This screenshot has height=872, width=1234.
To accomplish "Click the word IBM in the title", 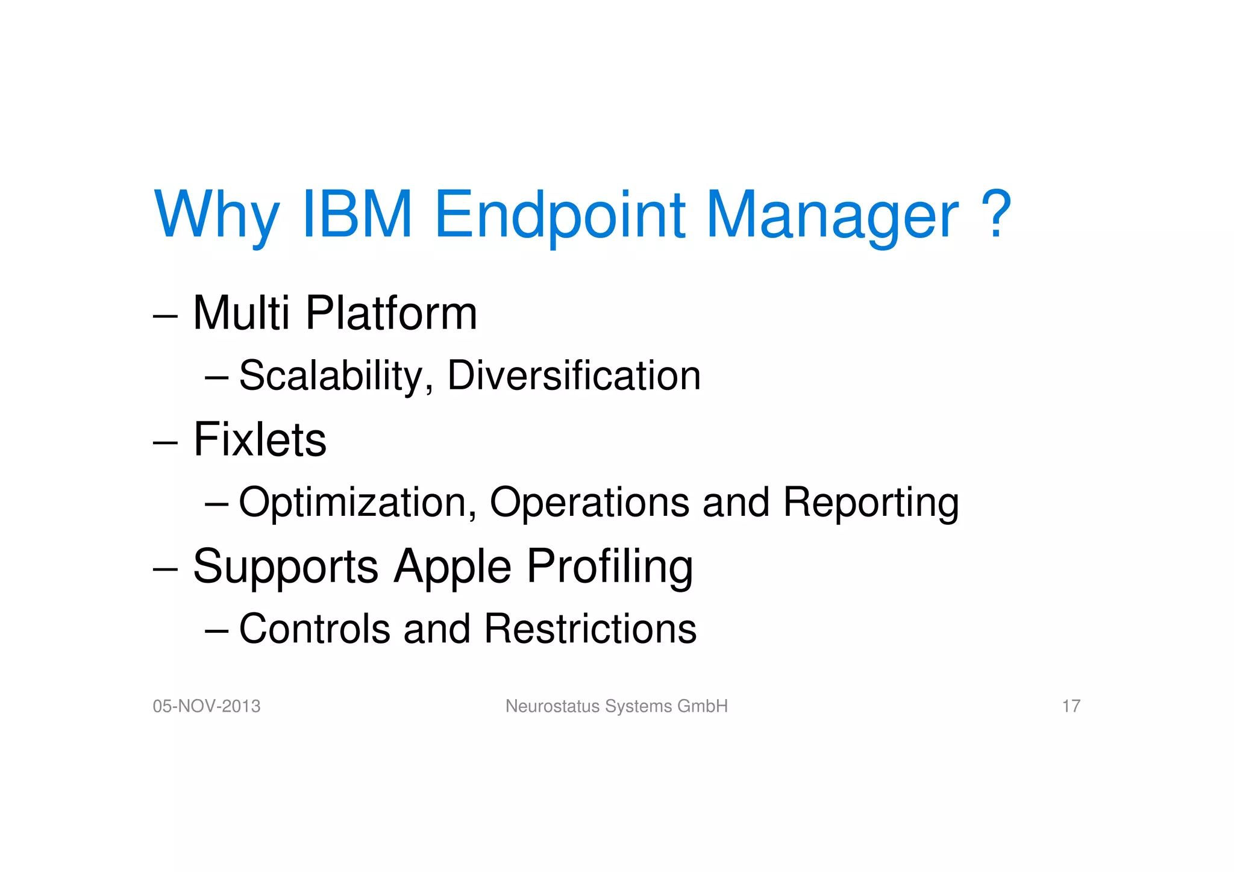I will (x=357, y=215).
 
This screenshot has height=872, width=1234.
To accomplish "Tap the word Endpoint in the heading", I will (x=560, y=216).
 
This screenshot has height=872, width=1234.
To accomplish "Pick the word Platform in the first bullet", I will (x=392, y=314).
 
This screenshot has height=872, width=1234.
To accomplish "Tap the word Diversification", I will (x=574, y=375).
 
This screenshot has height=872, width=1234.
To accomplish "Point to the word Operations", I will (x=589, y=502).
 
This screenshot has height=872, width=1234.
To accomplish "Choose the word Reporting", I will (x=871, y=503).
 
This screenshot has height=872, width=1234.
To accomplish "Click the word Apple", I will (x=453, y=568).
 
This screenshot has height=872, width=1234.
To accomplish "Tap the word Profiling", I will (x=610, y=568).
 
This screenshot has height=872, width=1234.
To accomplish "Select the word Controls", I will (x=315, y=629).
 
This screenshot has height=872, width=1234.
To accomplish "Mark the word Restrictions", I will (x=590, y=629).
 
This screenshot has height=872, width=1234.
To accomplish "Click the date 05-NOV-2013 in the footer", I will (x=207, y=706).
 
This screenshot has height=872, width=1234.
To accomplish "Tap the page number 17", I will (x=1071, y=706).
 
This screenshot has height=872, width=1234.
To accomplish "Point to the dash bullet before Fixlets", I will (x=165, y=443).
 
